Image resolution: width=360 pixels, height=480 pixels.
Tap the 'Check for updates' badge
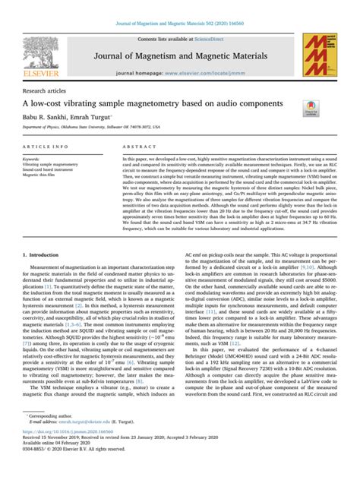[x=311, y=108]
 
